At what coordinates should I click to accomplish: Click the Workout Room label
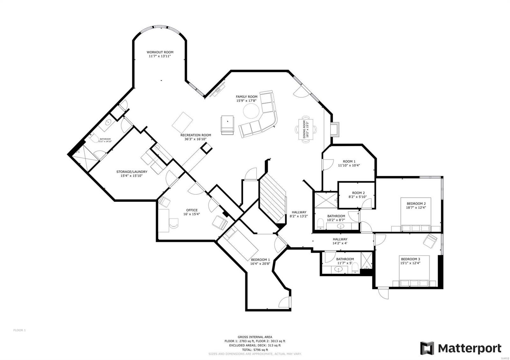coord(160,52)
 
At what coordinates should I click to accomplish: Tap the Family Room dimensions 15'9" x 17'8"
coord(246,101)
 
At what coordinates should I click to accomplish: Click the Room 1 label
coord(349,162)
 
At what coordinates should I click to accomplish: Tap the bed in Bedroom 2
coord(416,220)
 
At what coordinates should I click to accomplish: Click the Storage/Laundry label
coord(132,172)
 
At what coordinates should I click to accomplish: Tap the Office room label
coord(192,210)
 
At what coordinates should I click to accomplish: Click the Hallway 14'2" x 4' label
coord(340,239)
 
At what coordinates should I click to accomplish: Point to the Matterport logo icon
coord(427,348)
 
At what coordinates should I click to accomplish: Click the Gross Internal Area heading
coord(255,337)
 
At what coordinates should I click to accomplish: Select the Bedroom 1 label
coord(260,259)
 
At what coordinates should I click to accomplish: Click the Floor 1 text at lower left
coord(19,330)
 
